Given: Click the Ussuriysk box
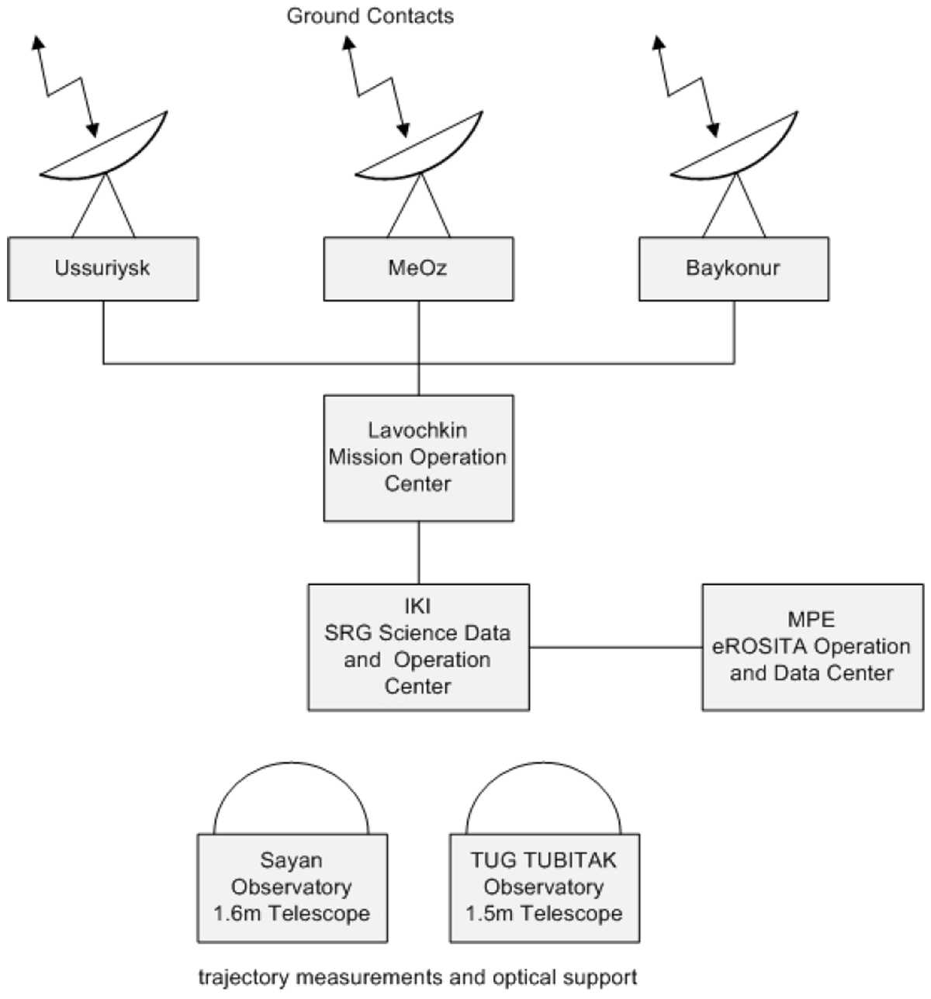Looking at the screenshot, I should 102,269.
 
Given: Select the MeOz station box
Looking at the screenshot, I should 418,269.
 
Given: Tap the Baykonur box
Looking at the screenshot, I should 733,269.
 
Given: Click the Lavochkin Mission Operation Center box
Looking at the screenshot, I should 418,458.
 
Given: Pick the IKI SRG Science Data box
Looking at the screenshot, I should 418,647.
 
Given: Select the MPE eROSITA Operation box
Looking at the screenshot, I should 812,647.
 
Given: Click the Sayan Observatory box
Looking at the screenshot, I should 292,887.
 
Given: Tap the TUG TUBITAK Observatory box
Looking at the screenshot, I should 545,887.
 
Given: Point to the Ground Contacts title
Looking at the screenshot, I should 370,16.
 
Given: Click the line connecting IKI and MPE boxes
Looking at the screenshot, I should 615,647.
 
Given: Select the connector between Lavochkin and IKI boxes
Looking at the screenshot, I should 419,552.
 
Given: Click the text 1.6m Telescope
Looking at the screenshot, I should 292,914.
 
